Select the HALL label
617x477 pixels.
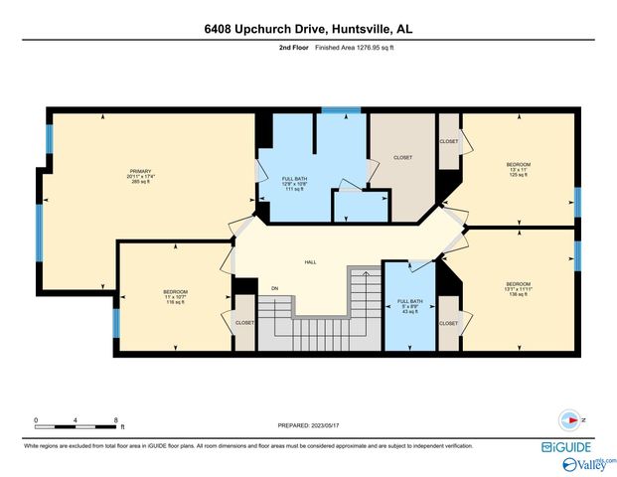(310, 262)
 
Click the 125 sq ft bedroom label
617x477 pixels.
(518, 169)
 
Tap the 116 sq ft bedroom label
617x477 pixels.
(176, 297)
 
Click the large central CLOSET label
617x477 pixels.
(402, 157)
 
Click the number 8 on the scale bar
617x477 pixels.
(117, 420)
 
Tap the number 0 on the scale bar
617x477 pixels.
(36, 420)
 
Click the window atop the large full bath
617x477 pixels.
(341, 109)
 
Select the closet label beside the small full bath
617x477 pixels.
(448, 323)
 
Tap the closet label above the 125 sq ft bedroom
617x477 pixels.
(449, 141)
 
